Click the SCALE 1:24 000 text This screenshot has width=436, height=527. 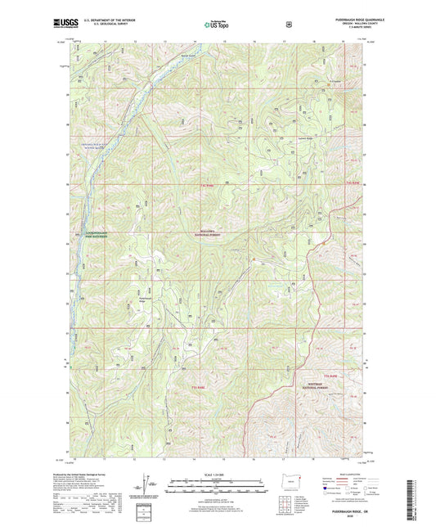tap(218, 476)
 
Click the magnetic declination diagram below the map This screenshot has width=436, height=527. tap(144, 491)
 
